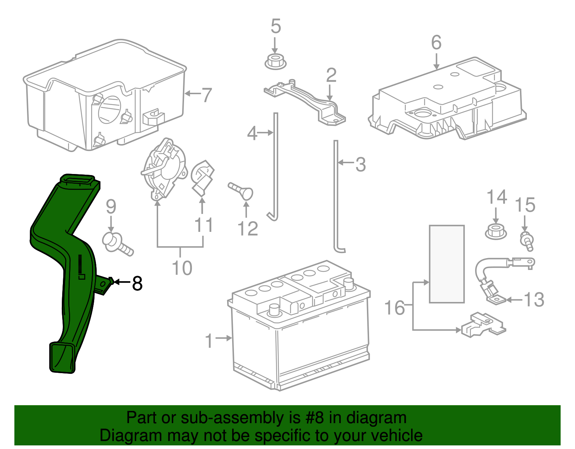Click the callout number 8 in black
click(137, 283)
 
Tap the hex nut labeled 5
click(275, 62)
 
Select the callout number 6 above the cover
click(436, 42)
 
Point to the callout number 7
click(206, 95)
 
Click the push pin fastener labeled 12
click(241, 190)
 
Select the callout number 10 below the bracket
click(182, 268)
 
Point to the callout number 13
click(534, 299)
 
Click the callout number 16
click(394, 308)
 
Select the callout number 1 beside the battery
click(209, 340)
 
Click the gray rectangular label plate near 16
click(447, 264)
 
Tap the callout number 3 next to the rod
click(360, 164)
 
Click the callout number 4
click(252, 134)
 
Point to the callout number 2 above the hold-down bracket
click(331, 75)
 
